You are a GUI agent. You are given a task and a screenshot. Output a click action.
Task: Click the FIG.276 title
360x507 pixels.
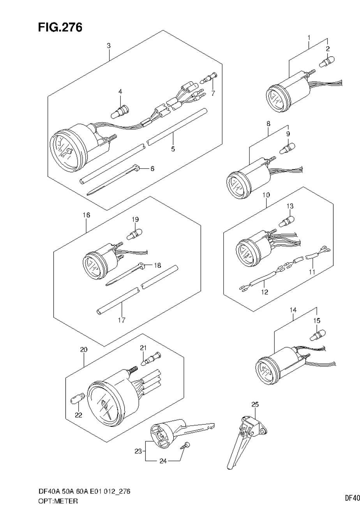(x=60, y=28)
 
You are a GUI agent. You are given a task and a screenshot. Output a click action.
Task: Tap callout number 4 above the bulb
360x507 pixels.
(x=120, y=91)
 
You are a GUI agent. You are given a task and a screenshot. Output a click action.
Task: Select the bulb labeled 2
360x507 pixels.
(x=327, y=61)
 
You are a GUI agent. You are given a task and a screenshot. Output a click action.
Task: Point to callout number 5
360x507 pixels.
(x=173, y=149)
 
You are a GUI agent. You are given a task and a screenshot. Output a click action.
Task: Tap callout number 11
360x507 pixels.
(x=312, y=271)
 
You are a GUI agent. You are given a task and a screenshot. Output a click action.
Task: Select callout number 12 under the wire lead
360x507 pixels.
(x=265, y=291)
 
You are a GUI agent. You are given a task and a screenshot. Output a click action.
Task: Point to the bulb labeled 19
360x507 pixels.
(x=134, y=234)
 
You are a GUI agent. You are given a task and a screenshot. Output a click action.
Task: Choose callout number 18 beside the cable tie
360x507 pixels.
(x=157, y=265)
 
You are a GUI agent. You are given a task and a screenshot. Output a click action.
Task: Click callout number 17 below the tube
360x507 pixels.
(x=122, y=320)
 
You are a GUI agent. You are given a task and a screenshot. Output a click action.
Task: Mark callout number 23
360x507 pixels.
(x=138, y=452)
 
